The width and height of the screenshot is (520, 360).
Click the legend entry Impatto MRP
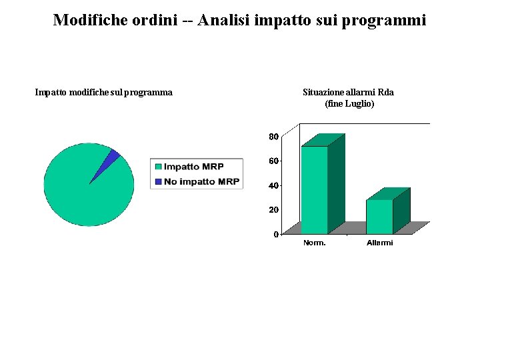pyautogui.click(x=193, y=167)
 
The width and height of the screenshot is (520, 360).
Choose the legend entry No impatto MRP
pyautogui.click(x=201, y=181)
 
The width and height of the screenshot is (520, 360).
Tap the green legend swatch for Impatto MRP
pyautogui.click(x=158, y=167)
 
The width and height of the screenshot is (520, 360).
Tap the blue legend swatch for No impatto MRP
pyautogui.click(x=158, y=181)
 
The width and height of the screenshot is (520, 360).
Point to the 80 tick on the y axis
pyautogui.click(x=273, y=137)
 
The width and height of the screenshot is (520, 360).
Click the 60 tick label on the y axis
pyautogui.click(x=273, y=161)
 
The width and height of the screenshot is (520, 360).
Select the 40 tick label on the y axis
pyautogui.click(x=273, y=185)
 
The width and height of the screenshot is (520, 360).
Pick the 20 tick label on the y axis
pyautogui.click(x=273, y=209)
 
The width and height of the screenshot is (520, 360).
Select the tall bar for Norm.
pyautogui.click(x=315, y=190)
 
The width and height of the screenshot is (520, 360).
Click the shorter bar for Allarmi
pyautogui.click(x=379, y=217)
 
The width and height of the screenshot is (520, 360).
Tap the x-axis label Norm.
pyautogui.click(x=315, y=243)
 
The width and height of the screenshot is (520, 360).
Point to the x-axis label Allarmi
pyautogui.click(x=380, y=243)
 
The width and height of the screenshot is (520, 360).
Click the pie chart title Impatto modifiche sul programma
pyautogui.click(x=103, y=93)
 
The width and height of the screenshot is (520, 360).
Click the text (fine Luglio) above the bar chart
pyautogui.click(x=349, y=104)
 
